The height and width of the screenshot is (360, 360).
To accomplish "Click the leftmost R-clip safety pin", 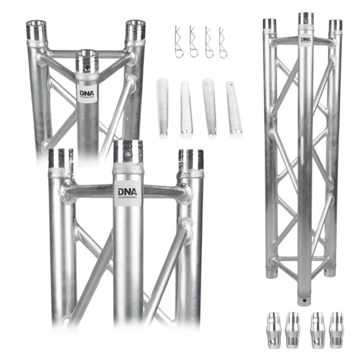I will click(178, 42).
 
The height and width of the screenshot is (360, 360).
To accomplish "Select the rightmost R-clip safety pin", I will click(223, 42).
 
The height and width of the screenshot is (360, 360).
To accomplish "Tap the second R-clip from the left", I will click(193, 42).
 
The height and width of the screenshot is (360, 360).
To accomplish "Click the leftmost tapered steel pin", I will click(162, 108).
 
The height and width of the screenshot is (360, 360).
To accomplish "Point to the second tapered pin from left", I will click(186, 109).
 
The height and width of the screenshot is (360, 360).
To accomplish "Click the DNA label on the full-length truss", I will click(306, 39).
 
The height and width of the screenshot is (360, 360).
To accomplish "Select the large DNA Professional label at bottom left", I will click(128, 192).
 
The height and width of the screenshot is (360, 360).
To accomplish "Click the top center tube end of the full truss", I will click(306, 19).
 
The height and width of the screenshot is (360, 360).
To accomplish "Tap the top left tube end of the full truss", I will click(269, 25).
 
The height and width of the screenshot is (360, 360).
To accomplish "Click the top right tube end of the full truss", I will click(335, 26).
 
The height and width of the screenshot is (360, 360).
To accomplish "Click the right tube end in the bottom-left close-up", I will click(190, 160).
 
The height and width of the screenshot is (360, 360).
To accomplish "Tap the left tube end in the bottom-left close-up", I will click(60, 158).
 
